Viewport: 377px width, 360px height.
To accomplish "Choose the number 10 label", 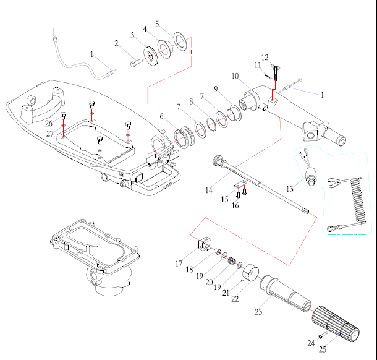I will pyautogui.click(x=235, y=75).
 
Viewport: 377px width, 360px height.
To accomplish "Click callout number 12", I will pyautogui.click(x=265, y=58).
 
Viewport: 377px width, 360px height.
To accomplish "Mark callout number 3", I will pyautogui.click(x=132, y=35).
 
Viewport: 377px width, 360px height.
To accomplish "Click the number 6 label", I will pyautogui.click(x=162, y=116).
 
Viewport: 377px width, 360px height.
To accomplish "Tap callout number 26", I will pyautogui.click(x=49, y=122).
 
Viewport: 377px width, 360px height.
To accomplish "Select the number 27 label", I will pyautogui.click(x=49, y=132).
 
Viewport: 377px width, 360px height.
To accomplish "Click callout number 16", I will pyautogui.click(x=235, y=205).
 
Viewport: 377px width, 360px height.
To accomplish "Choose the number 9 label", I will pyautogui.click(x=216, y=89).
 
